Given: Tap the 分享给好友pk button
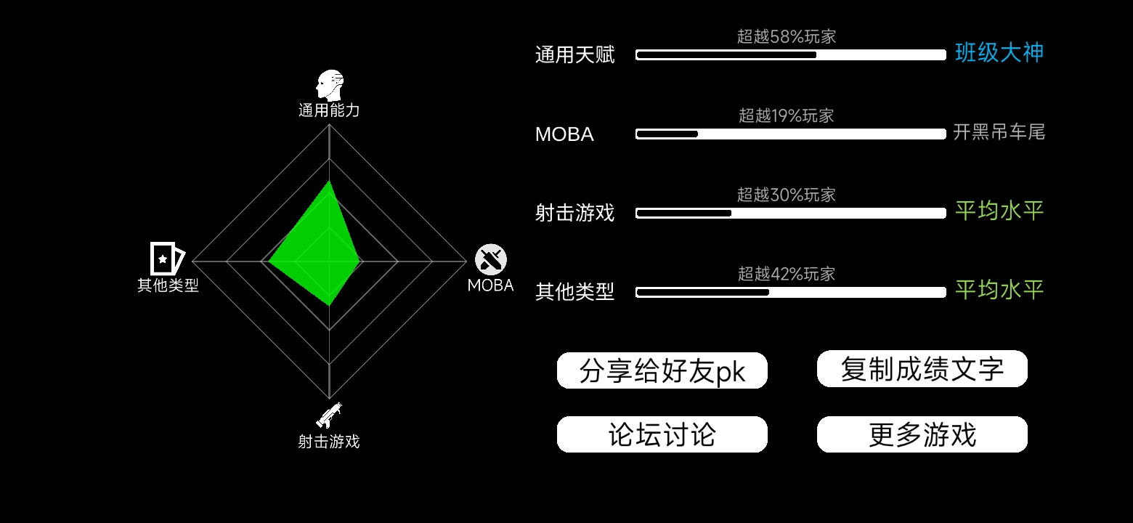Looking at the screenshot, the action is (662, 370).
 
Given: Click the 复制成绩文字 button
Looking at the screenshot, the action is (922, 369).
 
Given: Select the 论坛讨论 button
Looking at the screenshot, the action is (662, 434).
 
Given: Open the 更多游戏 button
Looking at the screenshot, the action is (922, 434).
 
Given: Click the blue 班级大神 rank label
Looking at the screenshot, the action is (999, 52).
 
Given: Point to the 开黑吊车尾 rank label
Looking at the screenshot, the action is (999, 132).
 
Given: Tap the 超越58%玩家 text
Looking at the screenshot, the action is (786, 36).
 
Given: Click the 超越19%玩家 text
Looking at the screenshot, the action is (786, 115).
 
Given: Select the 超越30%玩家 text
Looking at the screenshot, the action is (786, 195).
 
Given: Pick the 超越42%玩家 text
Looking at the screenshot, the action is (786, 274).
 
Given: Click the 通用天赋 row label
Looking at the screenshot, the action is (574, 54).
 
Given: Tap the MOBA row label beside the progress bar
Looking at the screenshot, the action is (564, 134).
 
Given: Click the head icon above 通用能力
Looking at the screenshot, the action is (330, 85).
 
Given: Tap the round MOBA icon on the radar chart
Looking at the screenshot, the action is (491, 259).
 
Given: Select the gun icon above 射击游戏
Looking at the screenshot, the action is (329, 415).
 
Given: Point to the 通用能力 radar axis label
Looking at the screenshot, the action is (329, 110).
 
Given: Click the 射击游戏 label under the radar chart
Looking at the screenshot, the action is (329, 442).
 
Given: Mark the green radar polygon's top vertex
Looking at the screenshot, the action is (329, 181).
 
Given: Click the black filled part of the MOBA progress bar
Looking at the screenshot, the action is (667, 134).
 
